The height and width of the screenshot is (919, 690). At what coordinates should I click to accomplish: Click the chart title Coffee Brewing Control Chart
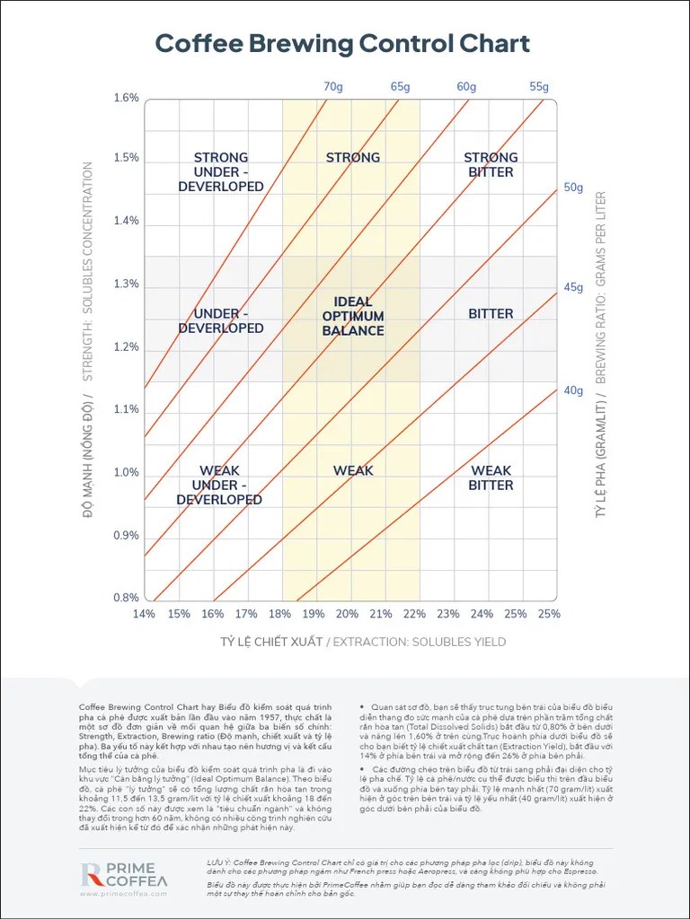click(x=342, y=43)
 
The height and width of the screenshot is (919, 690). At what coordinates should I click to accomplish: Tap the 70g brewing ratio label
click(x=333, y=87)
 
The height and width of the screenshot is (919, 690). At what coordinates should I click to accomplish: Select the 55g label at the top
click(x=539, y=87)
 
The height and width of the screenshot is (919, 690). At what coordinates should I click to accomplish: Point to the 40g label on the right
click(x=573, y=390)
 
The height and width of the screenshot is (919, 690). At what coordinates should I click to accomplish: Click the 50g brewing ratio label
click(x=573, y=188)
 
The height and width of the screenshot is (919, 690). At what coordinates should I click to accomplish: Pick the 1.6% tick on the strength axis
click(x=126, y=98)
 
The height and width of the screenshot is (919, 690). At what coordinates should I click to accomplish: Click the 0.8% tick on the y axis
click(x=126, y=598)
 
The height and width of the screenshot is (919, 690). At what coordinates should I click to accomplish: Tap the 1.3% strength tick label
click(x=126, y=284)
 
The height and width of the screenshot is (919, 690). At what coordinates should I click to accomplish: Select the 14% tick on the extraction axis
click(x=144, y=614)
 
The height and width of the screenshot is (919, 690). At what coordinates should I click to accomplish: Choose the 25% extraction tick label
click(x=548, y=614)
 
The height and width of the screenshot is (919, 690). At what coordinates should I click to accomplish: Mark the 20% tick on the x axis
click(x=347, y=614)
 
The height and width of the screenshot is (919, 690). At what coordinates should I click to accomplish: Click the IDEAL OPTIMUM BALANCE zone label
click(x=353, y=316)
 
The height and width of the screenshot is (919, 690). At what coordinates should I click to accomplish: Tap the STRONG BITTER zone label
click(x=491, y=164)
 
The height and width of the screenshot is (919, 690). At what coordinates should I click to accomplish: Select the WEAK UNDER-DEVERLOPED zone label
click(x=220, y=485)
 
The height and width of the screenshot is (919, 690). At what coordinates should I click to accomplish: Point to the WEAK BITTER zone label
click(x=491, y=477)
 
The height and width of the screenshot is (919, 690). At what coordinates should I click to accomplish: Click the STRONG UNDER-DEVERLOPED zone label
click(x=220, y=171)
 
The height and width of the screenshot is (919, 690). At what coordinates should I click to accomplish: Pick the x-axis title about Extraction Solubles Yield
click(x=363, y=642)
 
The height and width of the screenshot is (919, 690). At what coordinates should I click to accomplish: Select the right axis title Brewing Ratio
click(x=601, y=354)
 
